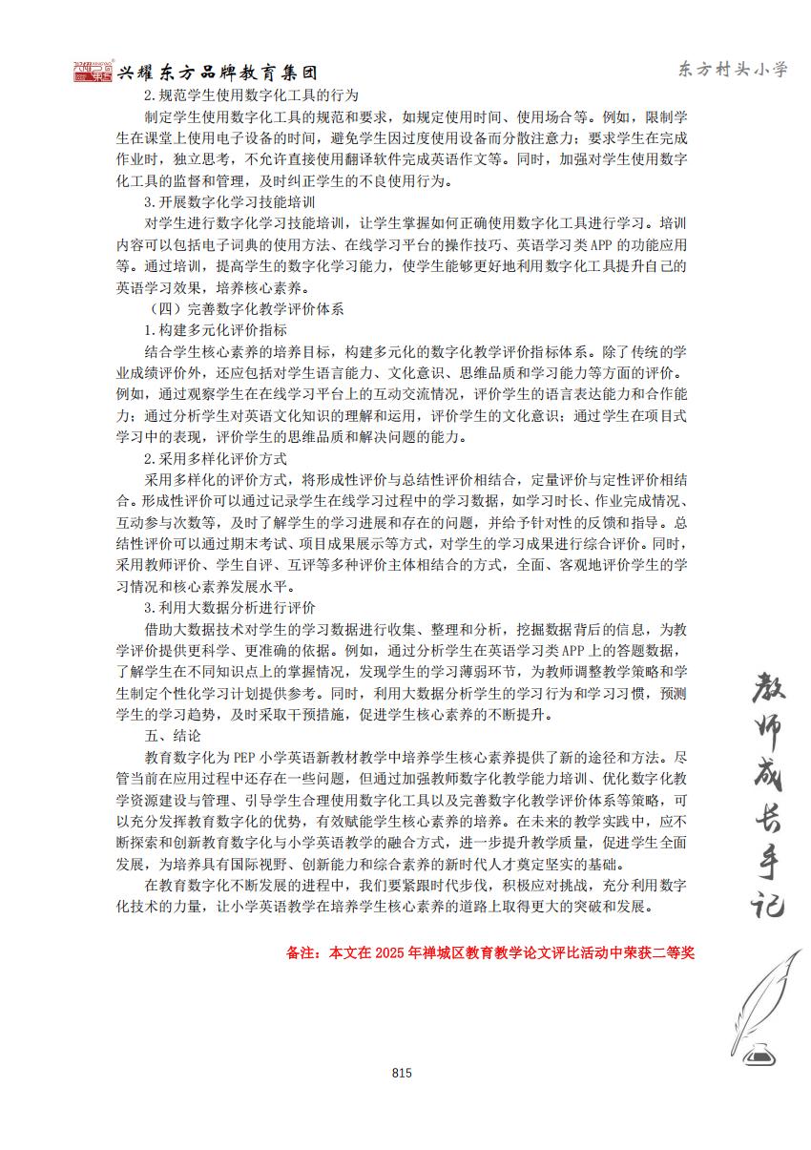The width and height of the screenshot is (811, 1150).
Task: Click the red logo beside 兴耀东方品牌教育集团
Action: pos(94,72)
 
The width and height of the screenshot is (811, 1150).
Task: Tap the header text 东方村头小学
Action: pos(733,69)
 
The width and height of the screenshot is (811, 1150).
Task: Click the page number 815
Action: pos(402,1073)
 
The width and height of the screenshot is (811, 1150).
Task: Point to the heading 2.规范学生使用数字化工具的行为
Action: pos(251,95)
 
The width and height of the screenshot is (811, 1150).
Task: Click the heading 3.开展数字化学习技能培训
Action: pos(230,203)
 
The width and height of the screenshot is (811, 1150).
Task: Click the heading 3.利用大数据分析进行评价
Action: pos(230,607)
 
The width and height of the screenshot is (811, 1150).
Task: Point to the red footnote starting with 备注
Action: pos(489,952)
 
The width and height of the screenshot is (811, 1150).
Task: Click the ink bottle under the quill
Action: pos(760,1052)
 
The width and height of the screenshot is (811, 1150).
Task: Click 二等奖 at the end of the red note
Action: pos(672,952)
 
